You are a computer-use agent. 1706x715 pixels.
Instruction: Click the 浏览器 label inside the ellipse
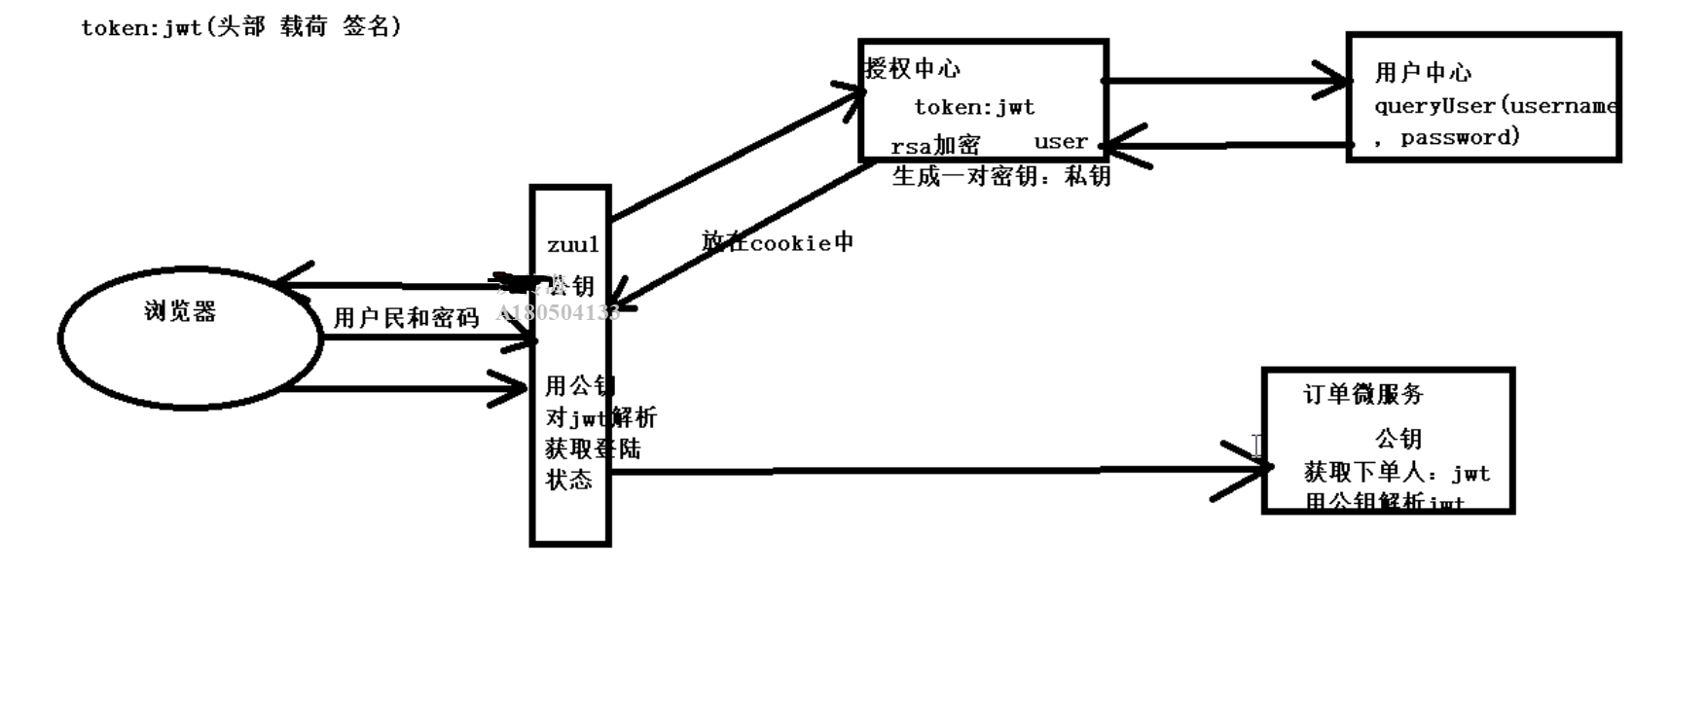point(180,311)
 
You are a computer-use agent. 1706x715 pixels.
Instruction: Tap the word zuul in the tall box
point(572,244)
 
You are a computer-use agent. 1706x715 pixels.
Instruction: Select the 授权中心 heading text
point(913,68)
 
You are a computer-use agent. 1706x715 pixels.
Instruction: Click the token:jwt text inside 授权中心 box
point(974,107)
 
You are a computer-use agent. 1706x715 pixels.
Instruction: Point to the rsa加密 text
point(935,146)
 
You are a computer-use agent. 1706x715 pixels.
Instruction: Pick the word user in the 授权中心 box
point(1060,141)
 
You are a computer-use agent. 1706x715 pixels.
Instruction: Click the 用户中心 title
point(1423,72)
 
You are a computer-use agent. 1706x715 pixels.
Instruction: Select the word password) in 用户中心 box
point(1460,137)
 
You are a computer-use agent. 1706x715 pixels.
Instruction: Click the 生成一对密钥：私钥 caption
point(1001,176)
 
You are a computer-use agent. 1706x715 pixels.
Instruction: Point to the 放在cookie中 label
point(778,242)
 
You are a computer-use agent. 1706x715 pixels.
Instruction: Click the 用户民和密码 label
point(406,318)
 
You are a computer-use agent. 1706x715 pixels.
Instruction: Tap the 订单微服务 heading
point(1362,394)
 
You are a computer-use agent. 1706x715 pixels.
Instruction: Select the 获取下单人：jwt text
point(1397,473)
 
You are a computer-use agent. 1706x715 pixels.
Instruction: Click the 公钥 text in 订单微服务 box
point(1398,439)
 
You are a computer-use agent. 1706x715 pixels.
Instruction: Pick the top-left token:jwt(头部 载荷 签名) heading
point(240,27)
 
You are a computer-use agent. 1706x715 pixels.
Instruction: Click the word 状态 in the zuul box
point(568,480)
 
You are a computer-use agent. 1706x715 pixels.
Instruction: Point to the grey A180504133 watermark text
point(558,312)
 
